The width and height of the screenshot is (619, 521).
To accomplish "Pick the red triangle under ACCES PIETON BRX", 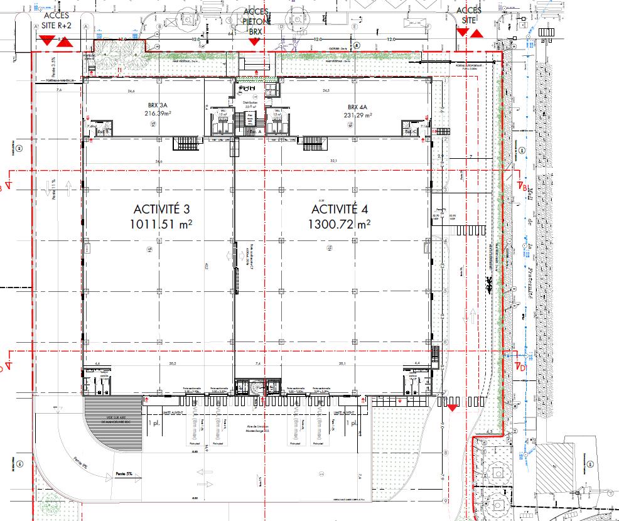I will pyautogui.click(x=254, y=41).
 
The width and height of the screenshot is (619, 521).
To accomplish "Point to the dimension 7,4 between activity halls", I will pyautogui.click(x=257, y=363).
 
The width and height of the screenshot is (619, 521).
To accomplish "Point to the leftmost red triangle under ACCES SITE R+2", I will pyautogui.click(x=46, y=41).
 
